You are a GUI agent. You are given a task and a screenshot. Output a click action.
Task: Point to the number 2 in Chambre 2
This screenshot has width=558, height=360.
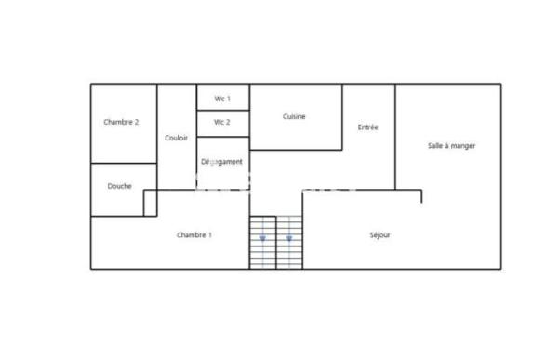[x=137, y=122]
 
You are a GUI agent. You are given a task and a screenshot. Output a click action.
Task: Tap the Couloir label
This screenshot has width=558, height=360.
[x=176, y=138]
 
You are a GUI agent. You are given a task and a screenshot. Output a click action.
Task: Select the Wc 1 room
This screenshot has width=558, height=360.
[x=222, y=98]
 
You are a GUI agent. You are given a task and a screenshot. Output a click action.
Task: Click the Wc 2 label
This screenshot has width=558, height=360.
[x=222, y=122]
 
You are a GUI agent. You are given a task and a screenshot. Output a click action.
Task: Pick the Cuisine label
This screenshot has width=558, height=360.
[x=295, y=116]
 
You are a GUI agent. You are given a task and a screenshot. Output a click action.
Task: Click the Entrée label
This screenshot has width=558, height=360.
[x=368, y=127]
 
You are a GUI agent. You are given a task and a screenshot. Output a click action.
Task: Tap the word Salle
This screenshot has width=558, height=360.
[x=436, y=146]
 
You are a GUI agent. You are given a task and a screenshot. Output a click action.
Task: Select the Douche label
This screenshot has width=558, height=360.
[x=119, y=186]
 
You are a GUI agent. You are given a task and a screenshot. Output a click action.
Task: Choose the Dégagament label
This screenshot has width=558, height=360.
[x=223, y=162]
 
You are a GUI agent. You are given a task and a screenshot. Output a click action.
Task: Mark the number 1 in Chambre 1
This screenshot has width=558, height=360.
[x=209, y=235]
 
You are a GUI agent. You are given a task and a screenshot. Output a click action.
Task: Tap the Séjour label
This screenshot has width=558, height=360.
[x=379, y=235]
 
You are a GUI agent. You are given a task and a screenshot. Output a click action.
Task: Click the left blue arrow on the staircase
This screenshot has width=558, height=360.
[x=263, y=239]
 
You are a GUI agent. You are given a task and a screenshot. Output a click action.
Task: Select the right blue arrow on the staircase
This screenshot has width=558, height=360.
[x=289, y=239]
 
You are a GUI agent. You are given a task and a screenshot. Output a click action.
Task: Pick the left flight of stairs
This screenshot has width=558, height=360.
[x=263, y=243]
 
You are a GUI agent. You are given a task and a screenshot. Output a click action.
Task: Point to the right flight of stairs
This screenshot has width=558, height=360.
[x=289, y=243]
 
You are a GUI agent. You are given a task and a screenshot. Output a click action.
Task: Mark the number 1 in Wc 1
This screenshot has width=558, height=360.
[x=228, y=98]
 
